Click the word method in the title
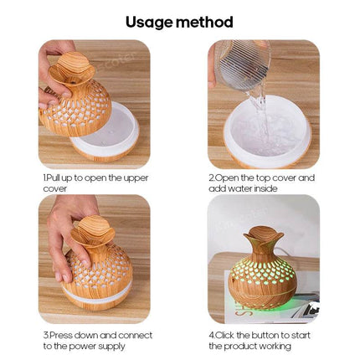pos(206,22)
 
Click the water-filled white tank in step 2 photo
pos(264,134)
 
